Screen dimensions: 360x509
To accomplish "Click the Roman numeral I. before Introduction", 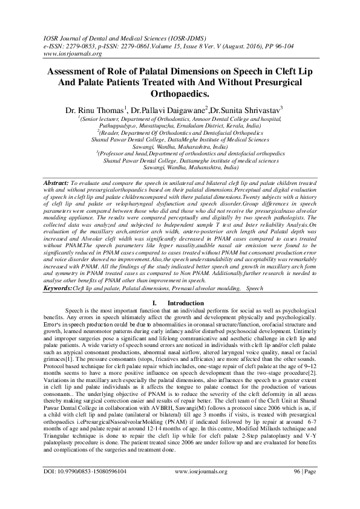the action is pyautogui.click(x=155, y=303).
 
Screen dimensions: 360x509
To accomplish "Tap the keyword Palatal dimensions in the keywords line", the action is pyautogui.click(x=149, y=290).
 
